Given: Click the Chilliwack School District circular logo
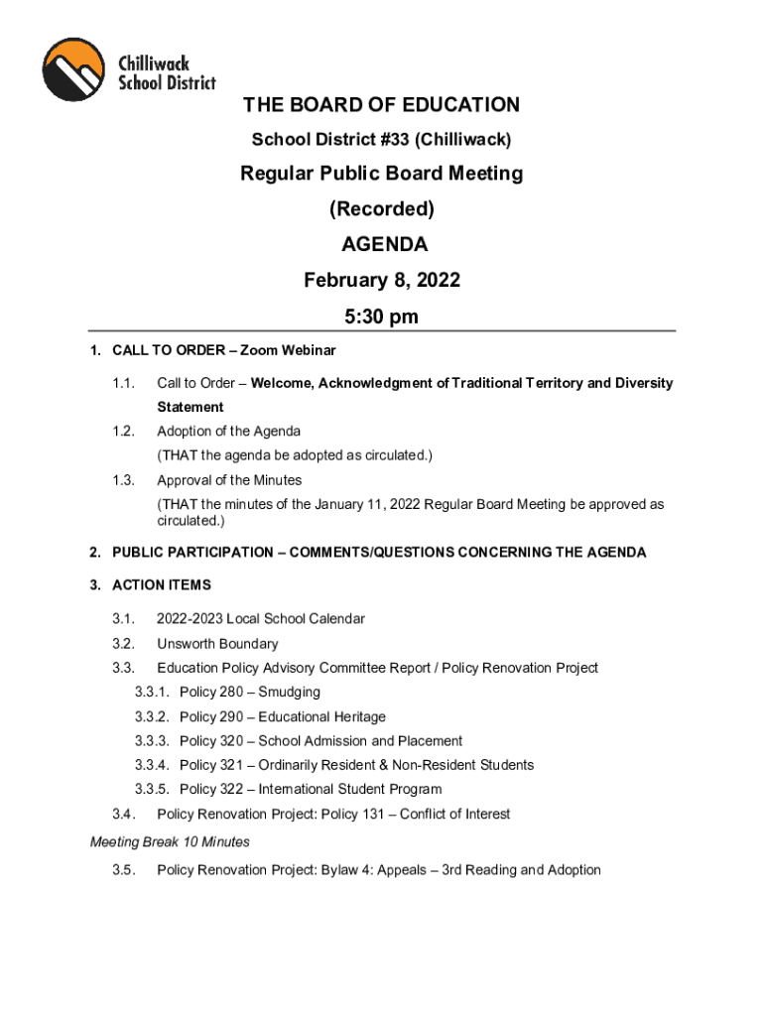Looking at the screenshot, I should click(74, 69).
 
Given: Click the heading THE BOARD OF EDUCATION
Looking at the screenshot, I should click(381, 105).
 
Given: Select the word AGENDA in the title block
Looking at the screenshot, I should click(381, 244).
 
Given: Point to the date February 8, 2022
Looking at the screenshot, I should click(381, 281).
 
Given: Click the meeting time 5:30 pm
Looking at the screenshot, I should click(381, 317).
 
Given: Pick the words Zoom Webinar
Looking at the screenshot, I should click(296, 350).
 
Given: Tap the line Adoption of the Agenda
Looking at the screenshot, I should click(228, 432).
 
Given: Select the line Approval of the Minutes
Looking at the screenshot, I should click(229, 480).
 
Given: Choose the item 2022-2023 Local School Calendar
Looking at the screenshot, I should click(261, 619).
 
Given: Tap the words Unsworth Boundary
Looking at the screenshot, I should click(217, 644).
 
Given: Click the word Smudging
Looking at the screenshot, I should click(289, 693).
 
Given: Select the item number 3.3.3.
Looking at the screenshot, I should click(153, 741).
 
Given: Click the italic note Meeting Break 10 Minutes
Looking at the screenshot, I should click(170, 842).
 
